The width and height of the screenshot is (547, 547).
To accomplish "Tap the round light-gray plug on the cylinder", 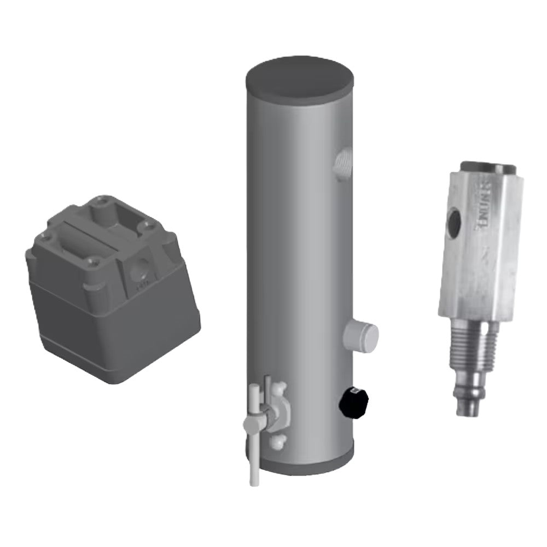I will pos(362,336).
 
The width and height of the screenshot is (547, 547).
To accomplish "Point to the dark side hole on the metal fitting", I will pos(455,223).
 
